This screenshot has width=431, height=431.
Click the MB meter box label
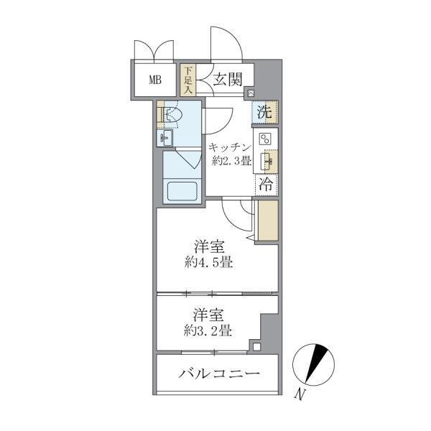tap(155, 80)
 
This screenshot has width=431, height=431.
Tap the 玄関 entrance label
tap(228, 80)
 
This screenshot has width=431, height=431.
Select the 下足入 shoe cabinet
tap(188, 80)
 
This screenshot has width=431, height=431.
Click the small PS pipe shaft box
tap(251, 93)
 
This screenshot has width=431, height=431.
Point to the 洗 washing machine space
tap(265, 112)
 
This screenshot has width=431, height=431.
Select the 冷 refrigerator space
tap(266, 184)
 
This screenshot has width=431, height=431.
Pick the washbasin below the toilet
tap(164, 138)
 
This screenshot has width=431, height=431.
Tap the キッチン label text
tap(230, 148)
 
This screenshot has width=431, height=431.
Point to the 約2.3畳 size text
tap(232, 160)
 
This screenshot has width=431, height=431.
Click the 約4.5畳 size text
tap(209, 262)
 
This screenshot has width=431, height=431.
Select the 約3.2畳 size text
tap(208, 330)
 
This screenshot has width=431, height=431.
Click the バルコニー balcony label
tap(219, 374)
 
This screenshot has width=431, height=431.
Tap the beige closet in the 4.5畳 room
tap(268, 221)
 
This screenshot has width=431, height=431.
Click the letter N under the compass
tap(300, 394)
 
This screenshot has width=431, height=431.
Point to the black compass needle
tap(316, 362)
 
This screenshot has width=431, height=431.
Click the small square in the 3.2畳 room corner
tap(256, 347)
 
